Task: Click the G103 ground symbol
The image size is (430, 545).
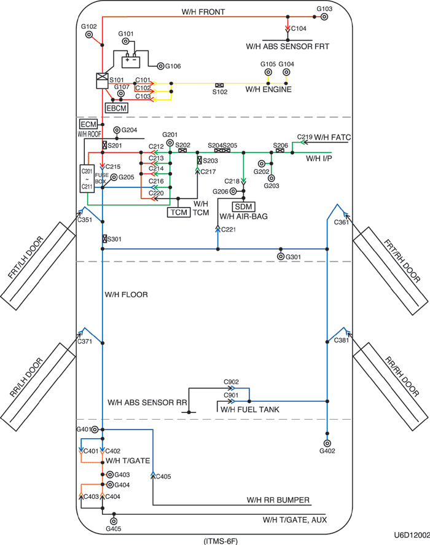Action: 324,17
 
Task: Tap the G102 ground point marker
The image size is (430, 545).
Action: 89,35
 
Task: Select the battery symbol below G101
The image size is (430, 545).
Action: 131,61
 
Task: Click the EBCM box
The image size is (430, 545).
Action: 117,108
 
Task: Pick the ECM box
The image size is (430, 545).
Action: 88,125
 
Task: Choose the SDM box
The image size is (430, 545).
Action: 244,206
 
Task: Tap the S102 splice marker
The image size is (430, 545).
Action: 219,85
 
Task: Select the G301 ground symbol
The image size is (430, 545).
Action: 281,256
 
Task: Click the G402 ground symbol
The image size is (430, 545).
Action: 327,442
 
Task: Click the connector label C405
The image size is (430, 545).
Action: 164,476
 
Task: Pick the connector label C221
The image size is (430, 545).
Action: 228,229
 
